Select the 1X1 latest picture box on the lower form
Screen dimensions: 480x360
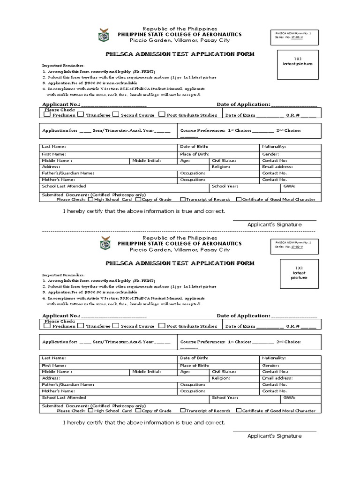click(300, 272)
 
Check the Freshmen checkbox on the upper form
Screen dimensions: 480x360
click(47, 114)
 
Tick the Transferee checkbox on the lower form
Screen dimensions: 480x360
click(81, 325)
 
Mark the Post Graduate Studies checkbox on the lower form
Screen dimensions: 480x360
click(162, 325)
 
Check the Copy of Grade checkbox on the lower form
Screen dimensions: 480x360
click(138, 410)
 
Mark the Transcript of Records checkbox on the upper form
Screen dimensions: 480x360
click(183, 199)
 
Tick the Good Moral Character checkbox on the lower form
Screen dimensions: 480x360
click(239, 410)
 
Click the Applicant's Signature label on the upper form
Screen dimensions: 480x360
click(274, 225)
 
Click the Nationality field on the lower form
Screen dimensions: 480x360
click(290, 358)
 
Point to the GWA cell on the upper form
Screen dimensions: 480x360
click(300, 187)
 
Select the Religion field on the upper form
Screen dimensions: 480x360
click(234, 166)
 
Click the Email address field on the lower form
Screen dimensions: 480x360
click(290, 377)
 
